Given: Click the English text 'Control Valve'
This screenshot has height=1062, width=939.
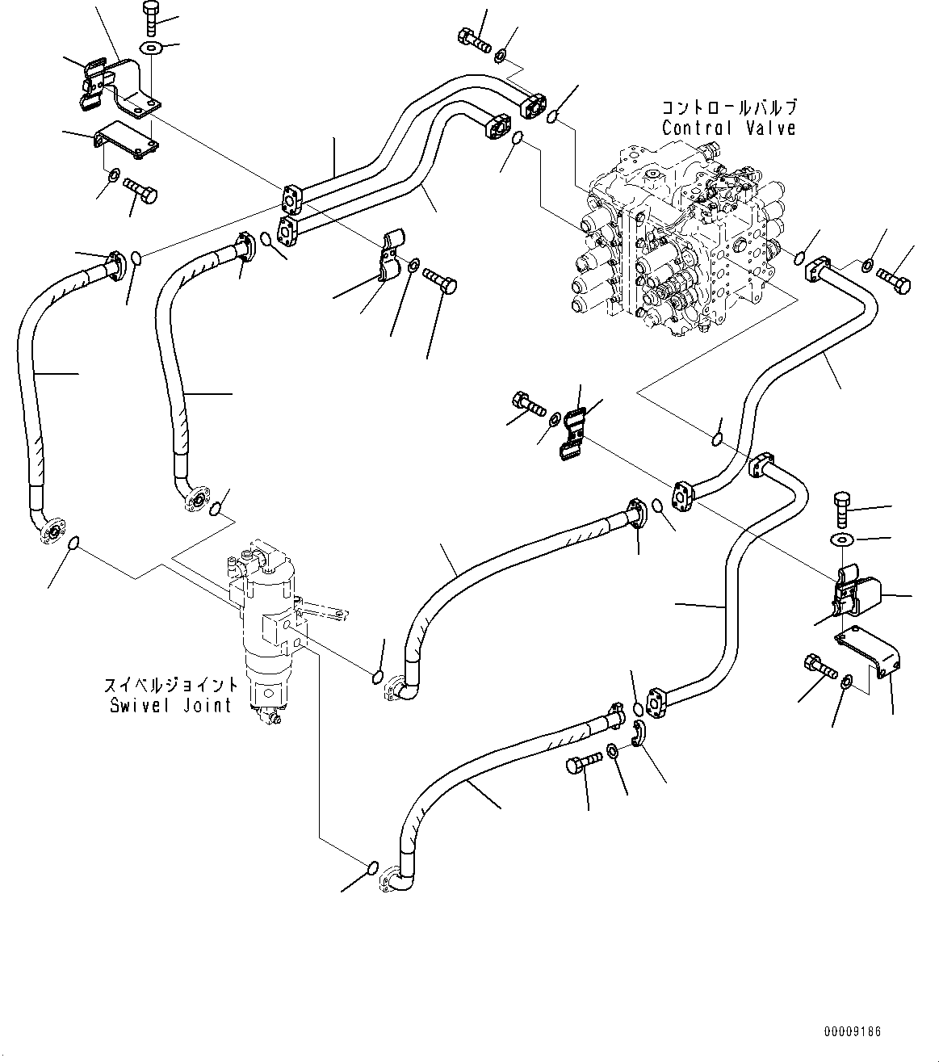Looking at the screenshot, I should pyautogui.click(x=728, y=128).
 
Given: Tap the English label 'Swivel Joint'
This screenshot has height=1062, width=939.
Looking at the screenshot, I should pyautogui.click(x=170, y=705).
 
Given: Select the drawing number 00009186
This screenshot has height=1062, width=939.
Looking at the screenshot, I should pyautogui.click(x=853, y=1032).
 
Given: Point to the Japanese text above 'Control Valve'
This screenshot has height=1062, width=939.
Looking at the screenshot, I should pyautogui.click(x=729, y=107).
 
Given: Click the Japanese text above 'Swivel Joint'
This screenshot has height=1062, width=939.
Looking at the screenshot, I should pyautogui.click(x=170, y=686).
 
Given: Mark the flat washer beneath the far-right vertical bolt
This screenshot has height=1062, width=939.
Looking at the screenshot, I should pyautogui.click(x=839, y=539).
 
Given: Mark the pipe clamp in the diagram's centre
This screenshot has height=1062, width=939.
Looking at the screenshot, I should pyautogui.click(x=576, y=436).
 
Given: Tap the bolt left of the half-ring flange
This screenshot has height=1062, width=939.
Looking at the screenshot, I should pyautogui.click(x=584, y=762).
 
